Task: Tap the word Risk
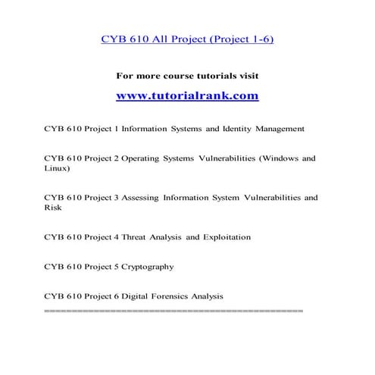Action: (52, 208)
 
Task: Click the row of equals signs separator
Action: (173, 311)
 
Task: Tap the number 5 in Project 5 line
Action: (111, 267)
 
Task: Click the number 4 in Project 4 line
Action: (111, 237)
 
